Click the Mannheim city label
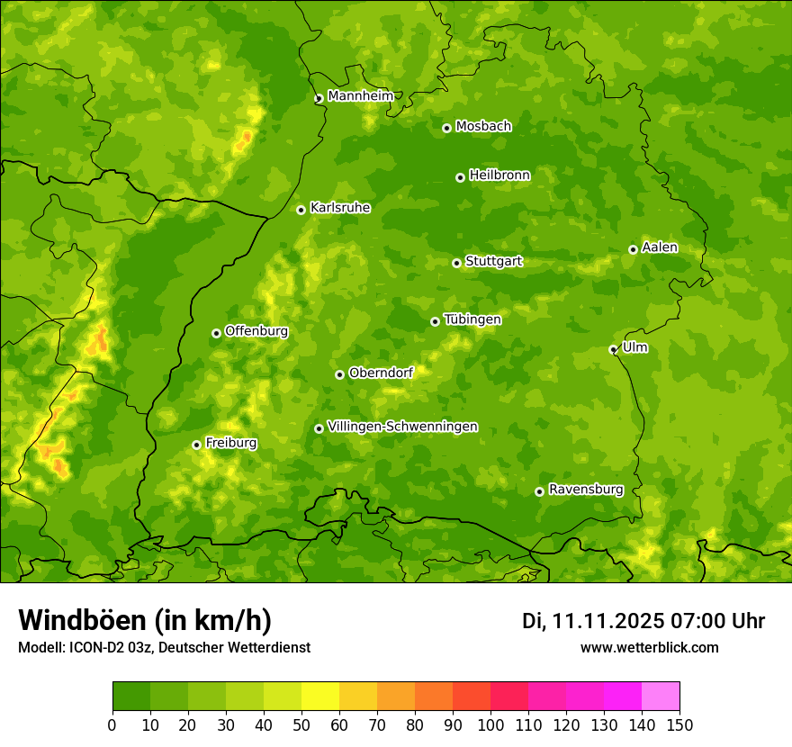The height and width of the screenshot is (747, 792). [x=360, y=96]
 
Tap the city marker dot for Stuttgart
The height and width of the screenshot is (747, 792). [x=456, y=263]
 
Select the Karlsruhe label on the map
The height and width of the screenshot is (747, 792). [x=339, y=208]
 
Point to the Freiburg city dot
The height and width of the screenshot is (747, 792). [x=196, y=445]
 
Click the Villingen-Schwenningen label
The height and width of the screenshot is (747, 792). [x=402, y=427]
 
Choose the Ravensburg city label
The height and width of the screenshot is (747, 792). [x=585, y=490]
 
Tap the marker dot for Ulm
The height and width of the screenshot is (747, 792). [x=613, y=349]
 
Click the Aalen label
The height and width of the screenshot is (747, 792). [x=660, y=247]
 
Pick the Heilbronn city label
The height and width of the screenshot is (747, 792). [x=499, y=175]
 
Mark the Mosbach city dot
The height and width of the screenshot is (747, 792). [x=446, y=128]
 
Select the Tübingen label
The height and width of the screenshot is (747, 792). [x=472, y=319]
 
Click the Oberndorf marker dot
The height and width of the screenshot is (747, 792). [x=339, y=374]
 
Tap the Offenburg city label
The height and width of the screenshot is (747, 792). [x=256, y=331]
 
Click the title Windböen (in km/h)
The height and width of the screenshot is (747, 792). [x=145, y=620]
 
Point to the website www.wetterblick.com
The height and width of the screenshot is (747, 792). [x=649, y=647]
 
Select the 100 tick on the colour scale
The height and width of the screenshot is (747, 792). [x=490, y=724]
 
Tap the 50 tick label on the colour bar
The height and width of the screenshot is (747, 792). [x=301, y=724]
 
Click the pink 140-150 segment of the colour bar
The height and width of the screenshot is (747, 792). [x=661, y=697]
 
